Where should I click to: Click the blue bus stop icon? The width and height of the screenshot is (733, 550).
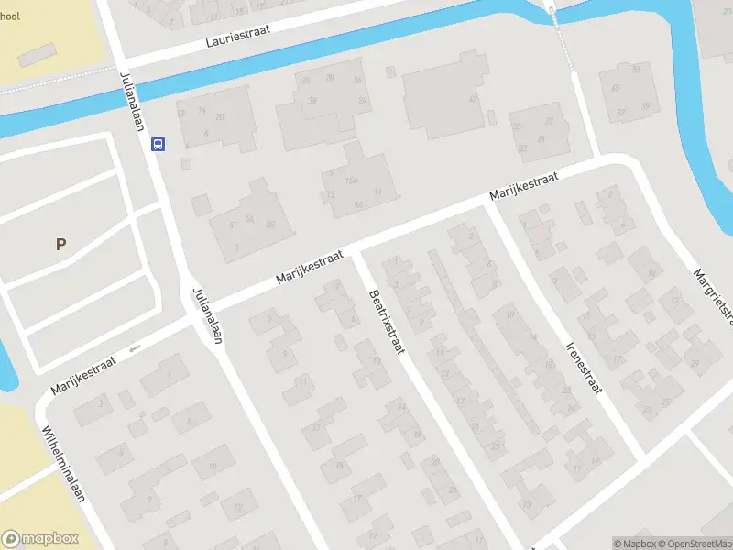(x=159, y=144)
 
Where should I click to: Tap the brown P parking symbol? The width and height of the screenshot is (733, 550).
(x=60, y=245)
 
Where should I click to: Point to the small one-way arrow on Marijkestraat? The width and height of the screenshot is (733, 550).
(x=136, y=348)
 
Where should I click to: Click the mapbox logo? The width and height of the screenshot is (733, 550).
(x=40, y=539)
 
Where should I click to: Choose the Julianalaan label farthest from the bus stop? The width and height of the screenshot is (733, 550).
(x=208, y=316)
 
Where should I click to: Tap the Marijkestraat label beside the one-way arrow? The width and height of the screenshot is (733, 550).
(x=83, y=374)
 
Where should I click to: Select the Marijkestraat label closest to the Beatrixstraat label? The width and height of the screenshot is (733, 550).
(x=310, y=266)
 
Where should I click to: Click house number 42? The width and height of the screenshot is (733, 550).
(x=474, y=99)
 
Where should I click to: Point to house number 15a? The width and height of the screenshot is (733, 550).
(x=350, y=180)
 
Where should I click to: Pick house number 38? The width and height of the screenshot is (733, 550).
(x=312, y=101)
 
